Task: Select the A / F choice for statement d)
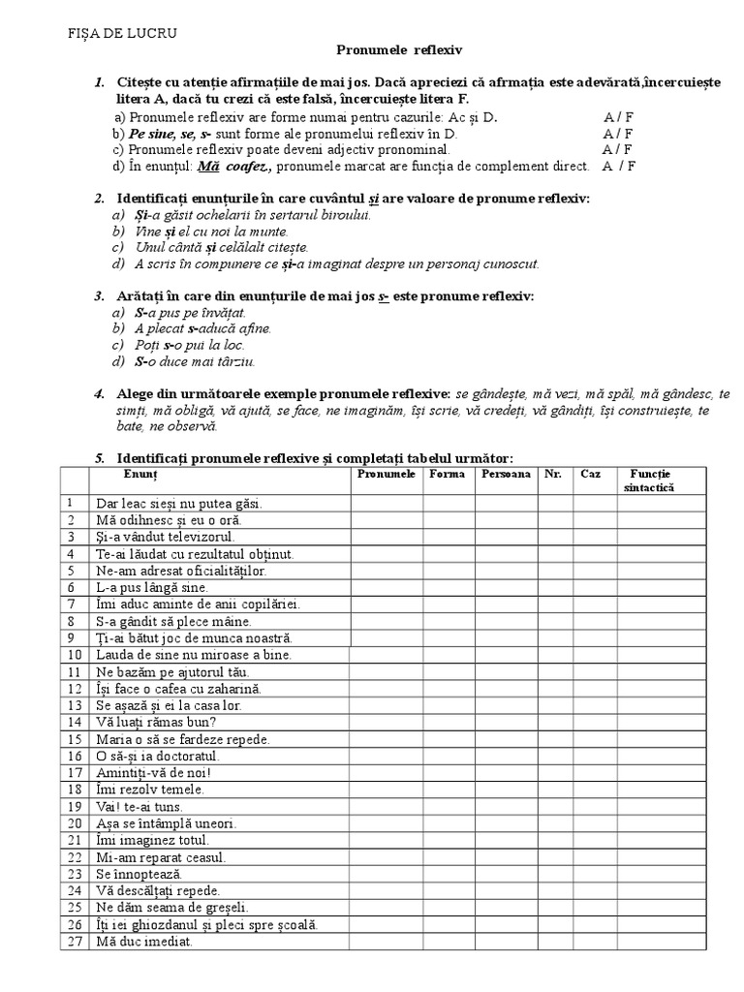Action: (x=617, y=167)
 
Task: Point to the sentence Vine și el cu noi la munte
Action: (x=199, y=232)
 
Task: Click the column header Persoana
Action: (x=505, y=475)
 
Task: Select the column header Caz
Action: (x=590, y=475)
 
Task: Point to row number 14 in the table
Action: (x=71, y=722)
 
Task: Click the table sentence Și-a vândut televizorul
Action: (x=165, y=536)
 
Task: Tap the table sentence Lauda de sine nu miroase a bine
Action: (x=193, y=655)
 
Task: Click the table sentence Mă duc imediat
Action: (x=143, y=942)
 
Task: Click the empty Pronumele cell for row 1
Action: (x=386, y=503)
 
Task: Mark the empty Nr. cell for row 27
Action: (x=553, y=942)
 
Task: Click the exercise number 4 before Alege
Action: (x=99, y=394)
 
